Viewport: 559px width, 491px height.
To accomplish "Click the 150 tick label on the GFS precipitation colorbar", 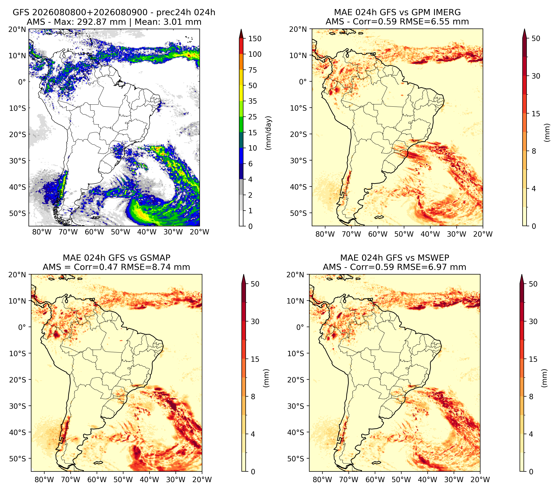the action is [255, 39].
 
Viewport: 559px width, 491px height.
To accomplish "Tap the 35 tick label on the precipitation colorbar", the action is [252, 101].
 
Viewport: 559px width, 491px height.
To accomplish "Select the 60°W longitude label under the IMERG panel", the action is [378, 234].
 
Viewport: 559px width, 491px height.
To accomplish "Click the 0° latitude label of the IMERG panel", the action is [303, 81].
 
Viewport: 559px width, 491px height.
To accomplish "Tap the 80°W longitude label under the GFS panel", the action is [42, 232].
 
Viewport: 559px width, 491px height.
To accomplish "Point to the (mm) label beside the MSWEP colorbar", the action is [544, 378].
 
